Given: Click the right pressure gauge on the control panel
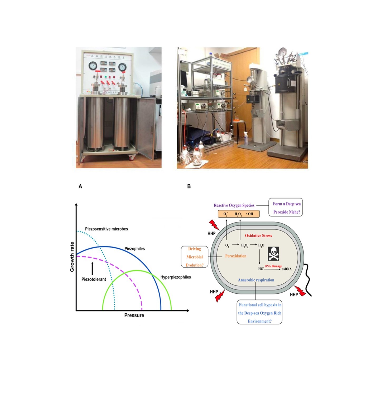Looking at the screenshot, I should point(122,67).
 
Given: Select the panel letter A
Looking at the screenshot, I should point(80,186).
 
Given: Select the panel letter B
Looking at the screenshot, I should point(189,186).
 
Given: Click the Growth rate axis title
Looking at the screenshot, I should point(72,257).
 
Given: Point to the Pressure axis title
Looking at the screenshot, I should point(134,315).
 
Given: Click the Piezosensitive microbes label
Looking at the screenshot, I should point(106,229).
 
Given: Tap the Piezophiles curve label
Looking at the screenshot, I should point(134,249).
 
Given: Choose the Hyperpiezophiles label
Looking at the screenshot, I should point(176,277).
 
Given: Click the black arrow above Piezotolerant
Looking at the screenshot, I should point(92,268).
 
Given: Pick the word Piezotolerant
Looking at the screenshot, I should point(94,279).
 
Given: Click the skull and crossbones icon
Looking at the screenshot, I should point(273,254).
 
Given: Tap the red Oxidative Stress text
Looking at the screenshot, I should point(258,236).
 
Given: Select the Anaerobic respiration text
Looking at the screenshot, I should point(256,280).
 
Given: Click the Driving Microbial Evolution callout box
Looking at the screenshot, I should point(195,257).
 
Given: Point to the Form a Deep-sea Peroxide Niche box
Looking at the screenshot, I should point(286,208).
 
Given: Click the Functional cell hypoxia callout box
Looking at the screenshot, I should point(259,313).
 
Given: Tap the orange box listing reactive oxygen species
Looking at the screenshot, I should point(239,214).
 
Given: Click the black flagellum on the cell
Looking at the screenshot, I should point(308,279).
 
